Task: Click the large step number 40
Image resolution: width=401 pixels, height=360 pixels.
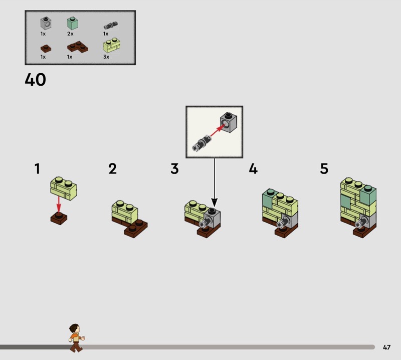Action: coord(35,80)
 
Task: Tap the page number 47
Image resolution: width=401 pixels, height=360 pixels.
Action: coord(386,347)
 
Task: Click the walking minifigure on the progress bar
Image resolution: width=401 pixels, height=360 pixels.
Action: coord(76,337)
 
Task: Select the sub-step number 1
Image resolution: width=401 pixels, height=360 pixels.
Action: coord(37,169)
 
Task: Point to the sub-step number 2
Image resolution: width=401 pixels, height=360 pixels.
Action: coord(112,169)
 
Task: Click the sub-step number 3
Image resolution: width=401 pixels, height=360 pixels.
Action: coord(174,169)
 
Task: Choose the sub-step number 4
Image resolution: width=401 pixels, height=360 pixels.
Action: coord(253,169)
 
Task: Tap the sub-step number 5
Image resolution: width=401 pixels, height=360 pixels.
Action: coord(324,169)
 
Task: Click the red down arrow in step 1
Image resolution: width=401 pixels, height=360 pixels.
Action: coord(59,204)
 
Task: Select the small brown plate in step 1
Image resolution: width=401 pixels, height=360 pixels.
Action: coord(59,218)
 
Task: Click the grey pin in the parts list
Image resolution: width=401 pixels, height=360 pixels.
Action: coord(110,25)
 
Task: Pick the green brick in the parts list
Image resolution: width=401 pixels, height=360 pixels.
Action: coord(72,23)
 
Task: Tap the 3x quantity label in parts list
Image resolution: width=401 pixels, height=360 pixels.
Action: coord(106,57)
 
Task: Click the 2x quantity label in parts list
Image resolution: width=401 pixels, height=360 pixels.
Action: coord(70,34)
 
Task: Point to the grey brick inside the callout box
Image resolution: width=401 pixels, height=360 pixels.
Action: coord(228,121)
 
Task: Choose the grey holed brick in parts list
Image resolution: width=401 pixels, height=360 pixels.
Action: coord(46,23)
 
